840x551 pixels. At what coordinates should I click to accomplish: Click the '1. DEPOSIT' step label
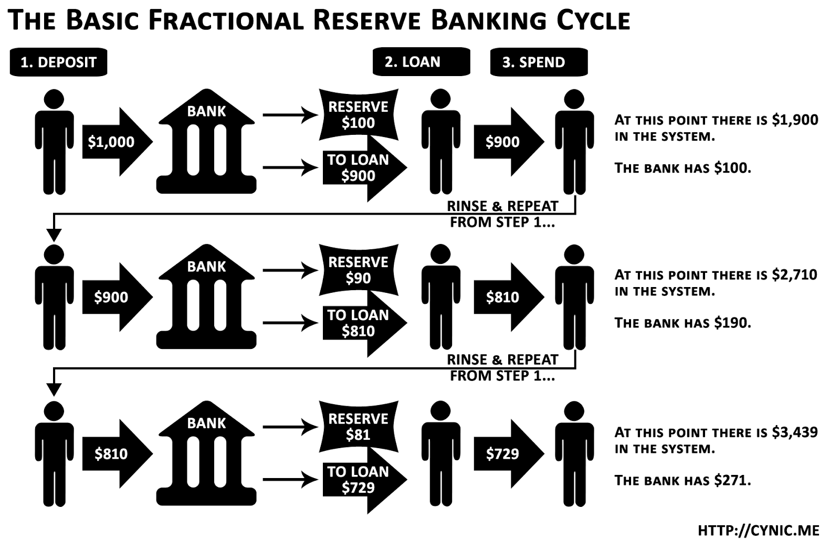pyautogui.click(x=58, y=62)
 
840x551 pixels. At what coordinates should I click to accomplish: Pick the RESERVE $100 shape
pyautogui.click(x=358, y=115)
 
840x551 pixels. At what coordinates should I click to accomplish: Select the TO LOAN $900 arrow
pyautogui.click(x=362, y=168)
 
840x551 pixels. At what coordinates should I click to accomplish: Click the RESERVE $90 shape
pyautogui.click(x=358, y=270)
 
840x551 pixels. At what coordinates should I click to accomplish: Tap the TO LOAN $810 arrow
pyautogui.click(x=362, y=323)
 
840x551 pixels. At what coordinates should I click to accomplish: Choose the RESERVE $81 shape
pyautogui.click(x=358, y=427)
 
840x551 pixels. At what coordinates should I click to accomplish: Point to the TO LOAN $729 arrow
pyautogui.click(x=362, y=480)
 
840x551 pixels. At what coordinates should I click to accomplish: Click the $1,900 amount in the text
pyautogui.click(x=795, y=120)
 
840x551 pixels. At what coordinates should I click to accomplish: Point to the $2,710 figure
pyautogui.click(x=794, y=274)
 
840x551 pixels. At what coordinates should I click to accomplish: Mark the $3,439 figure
pyautogui.click(x=794, y=432)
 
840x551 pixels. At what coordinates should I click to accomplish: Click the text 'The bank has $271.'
pyautogui.click(x=682, y=480)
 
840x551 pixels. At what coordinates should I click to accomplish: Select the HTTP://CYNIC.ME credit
pyautogui.click(x=758, y=531)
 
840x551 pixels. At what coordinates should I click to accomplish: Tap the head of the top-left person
pyautogui.click(x=55, y=100)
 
